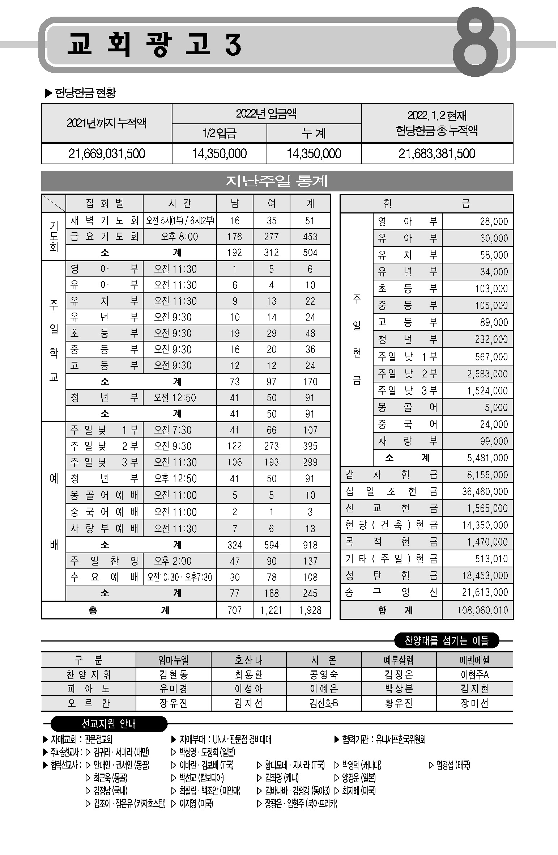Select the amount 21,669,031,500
point(107,153)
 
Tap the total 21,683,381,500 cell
point(437,153)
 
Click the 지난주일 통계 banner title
point(277,181)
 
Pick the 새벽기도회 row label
point(105,220)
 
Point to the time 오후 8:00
point(179,237)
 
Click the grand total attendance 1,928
point(310,610)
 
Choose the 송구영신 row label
point(391,592)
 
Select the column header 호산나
point(248,660)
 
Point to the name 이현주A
point(474,674)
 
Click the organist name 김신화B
point(324,703)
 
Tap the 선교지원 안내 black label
point(109,724)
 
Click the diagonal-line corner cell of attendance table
point(54,203)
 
